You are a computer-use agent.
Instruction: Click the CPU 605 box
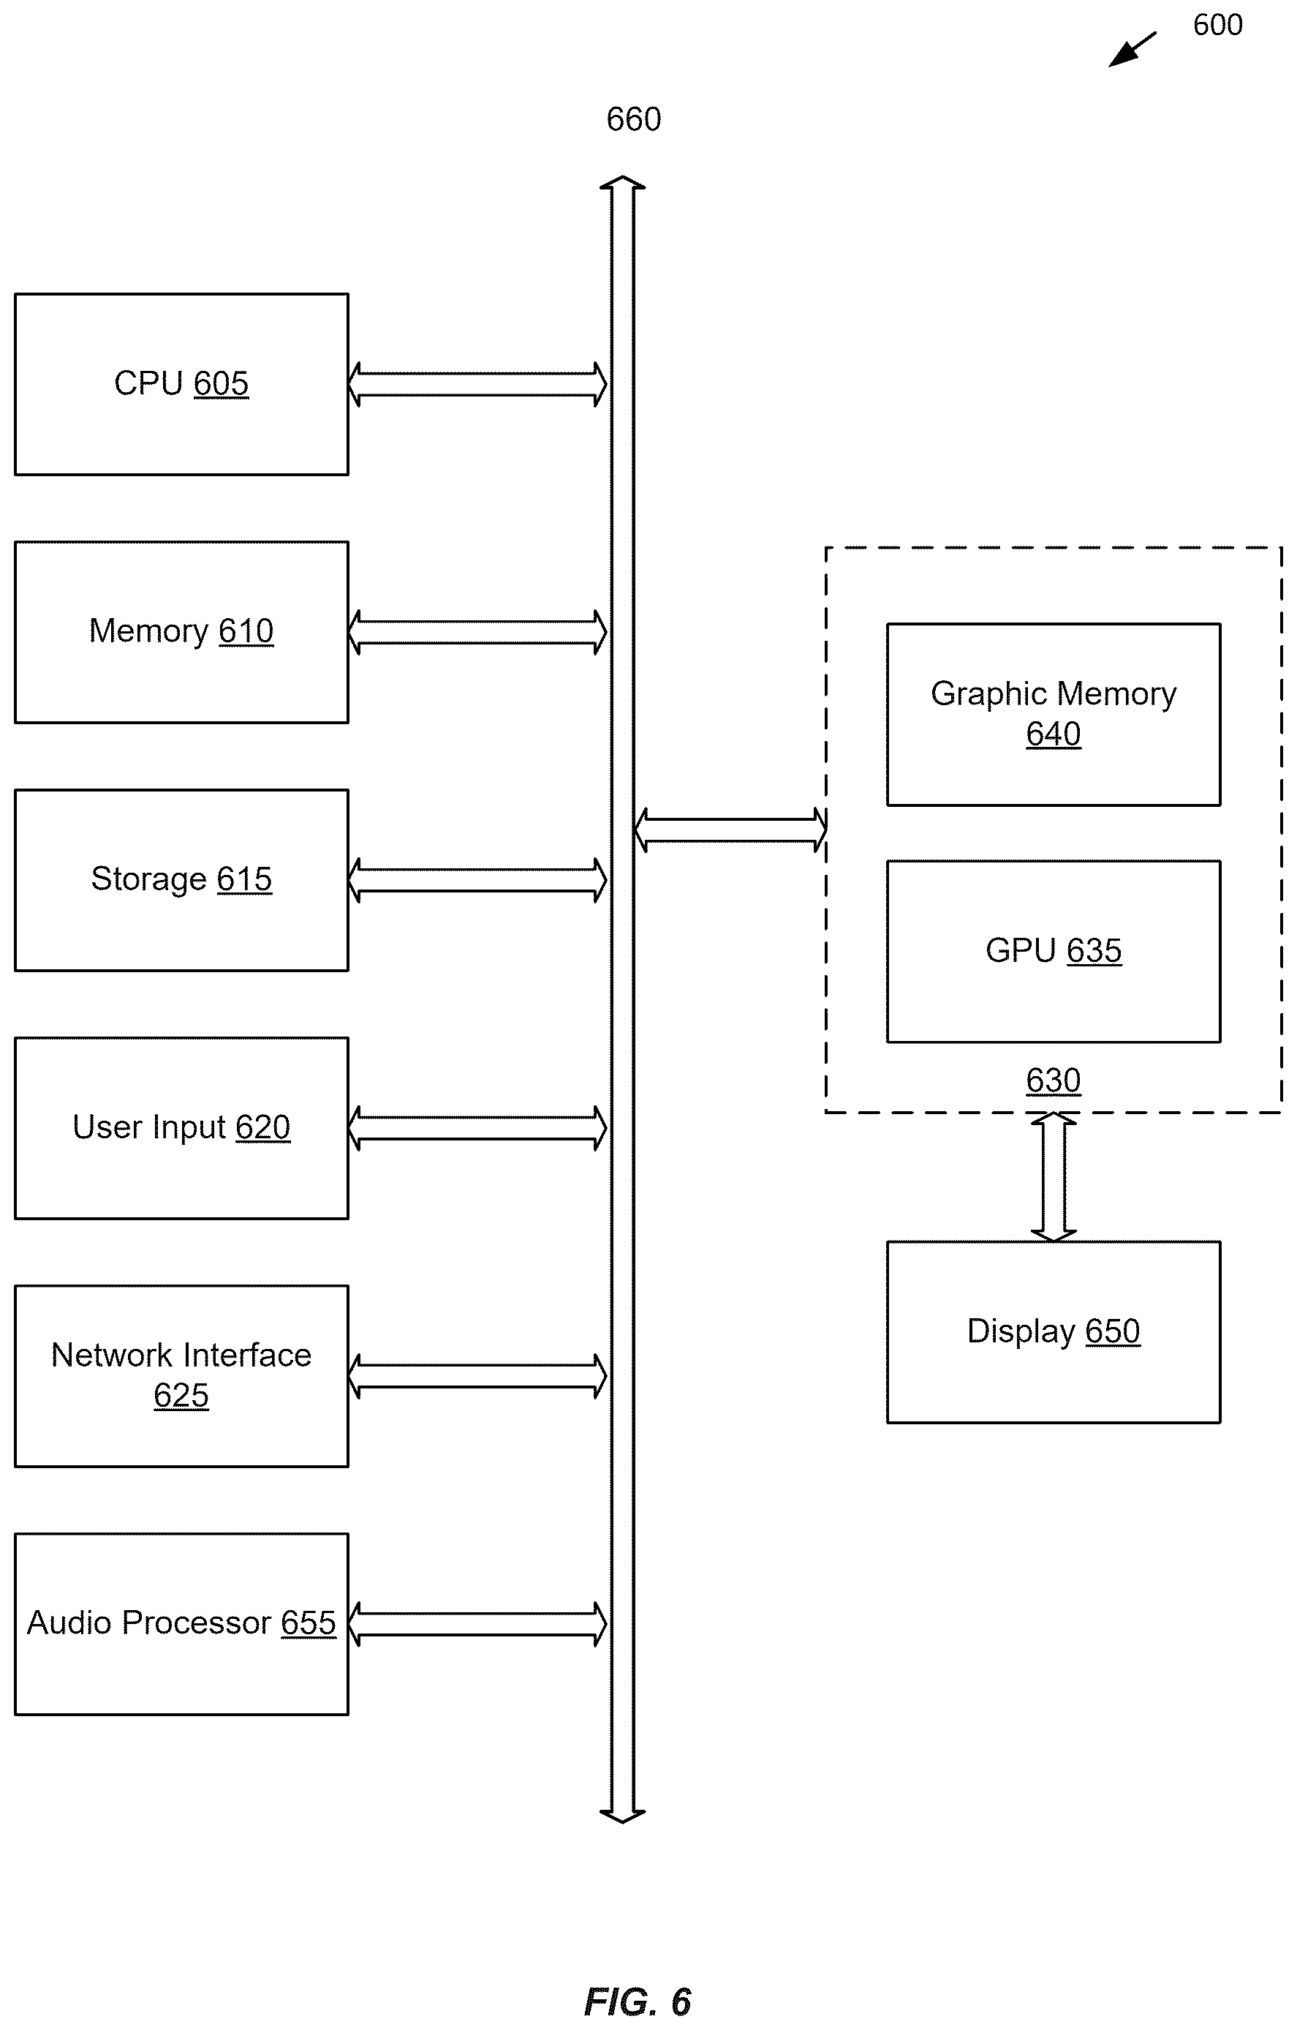point(181,384)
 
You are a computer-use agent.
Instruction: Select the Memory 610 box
point(181,632)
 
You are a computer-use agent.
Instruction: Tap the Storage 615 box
point(181,880)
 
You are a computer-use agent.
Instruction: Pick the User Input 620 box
point(181,1128)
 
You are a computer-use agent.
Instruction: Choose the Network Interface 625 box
point(181,1376)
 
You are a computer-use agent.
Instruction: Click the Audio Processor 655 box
point(181,1624)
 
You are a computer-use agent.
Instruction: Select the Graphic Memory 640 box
point(1054,715)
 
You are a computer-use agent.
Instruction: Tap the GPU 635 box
point(1054,952)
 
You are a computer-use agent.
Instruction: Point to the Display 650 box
point(1054,1332)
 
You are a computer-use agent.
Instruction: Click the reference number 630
point(1054,1080)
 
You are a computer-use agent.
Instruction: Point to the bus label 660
point(634,120)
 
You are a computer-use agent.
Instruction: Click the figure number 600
point(1218,26)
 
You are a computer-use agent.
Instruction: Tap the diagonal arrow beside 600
point(1132,50)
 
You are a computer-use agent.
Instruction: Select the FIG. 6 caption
point(638,2001)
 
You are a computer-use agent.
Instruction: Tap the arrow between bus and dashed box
point(730,830)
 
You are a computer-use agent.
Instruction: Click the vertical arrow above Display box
point(1054,1177)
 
